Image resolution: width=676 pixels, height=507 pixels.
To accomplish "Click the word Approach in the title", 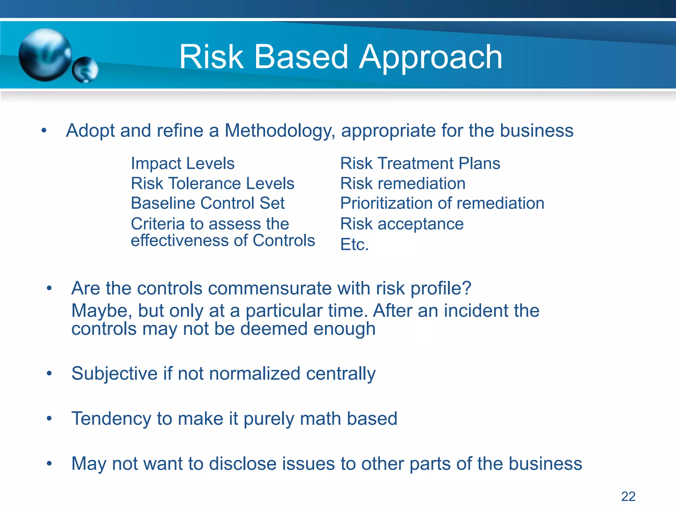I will tap(431, 58).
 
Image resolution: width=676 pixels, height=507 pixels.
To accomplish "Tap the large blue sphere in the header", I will tap(45, 54).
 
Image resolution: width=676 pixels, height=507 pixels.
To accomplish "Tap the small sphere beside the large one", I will tap(85, 70).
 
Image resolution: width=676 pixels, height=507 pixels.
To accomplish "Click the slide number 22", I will tap(628, 496).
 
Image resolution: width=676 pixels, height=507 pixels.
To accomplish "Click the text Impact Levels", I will tap(183, 163).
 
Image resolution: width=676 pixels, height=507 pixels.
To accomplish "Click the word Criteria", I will tap(157, 224).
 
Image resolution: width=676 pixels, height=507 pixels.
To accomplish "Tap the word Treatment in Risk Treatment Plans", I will tap(416, 163).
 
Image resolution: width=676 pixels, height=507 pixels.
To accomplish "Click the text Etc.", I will tap(354, 245).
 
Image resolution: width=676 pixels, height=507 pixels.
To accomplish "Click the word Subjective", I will tap(114, 374).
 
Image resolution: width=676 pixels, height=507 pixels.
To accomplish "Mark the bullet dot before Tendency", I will tap(49, 419).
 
